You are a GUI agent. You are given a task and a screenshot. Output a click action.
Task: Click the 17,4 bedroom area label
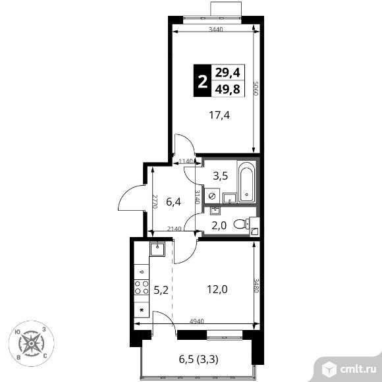pyautogui.click(x=219, y=115)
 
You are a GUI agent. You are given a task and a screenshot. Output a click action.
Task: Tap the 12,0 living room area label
pyautogui.click(x=217, y=289)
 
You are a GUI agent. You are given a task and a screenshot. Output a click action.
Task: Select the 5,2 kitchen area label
pyautogui.click(x=161, y=290)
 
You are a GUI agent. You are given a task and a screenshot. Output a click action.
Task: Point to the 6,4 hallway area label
pyautogui.click(x=173, y=202)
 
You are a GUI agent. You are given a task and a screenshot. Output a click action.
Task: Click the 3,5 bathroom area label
pyautogui.click(x=221, y=176)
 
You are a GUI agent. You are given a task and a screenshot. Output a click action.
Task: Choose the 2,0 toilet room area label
pyautogui.click(x=219, y=226)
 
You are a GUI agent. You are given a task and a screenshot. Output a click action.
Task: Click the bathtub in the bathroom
pyautogui.click(x=246, y=182)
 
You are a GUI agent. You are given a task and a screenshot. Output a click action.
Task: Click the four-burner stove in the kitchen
pyautogui.click(x=142, y=287)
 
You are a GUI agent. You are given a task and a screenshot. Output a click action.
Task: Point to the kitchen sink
pyautogui.click(x=157, y=249)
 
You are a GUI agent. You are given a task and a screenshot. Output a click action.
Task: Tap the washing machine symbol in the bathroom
pyautogui.click(x=212, y=196)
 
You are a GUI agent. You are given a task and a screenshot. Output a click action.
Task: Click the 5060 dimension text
pyautogui.click(x=256, y=89)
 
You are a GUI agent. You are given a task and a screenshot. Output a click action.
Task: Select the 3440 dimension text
pyautogui.click(x=216, y=30)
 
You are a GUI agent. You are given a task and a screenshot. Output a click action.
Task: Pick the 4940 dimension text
pyautogui.click(x=197, y=321)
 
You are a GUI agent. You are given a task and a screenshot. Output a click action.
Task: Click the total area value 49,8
pyautogui.click(x=227, y=89)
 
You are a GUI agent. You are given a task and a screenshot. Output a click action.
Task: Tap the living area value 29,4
pyautogui.click(x=227, y=72)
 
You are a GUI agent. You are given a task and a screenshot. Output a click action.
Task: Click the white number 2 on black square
pyautogui.click(x=203, y=82)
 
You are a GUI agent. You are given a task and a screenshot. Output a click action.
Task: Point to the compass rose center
pyautogui.click(x=32, y=344)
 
